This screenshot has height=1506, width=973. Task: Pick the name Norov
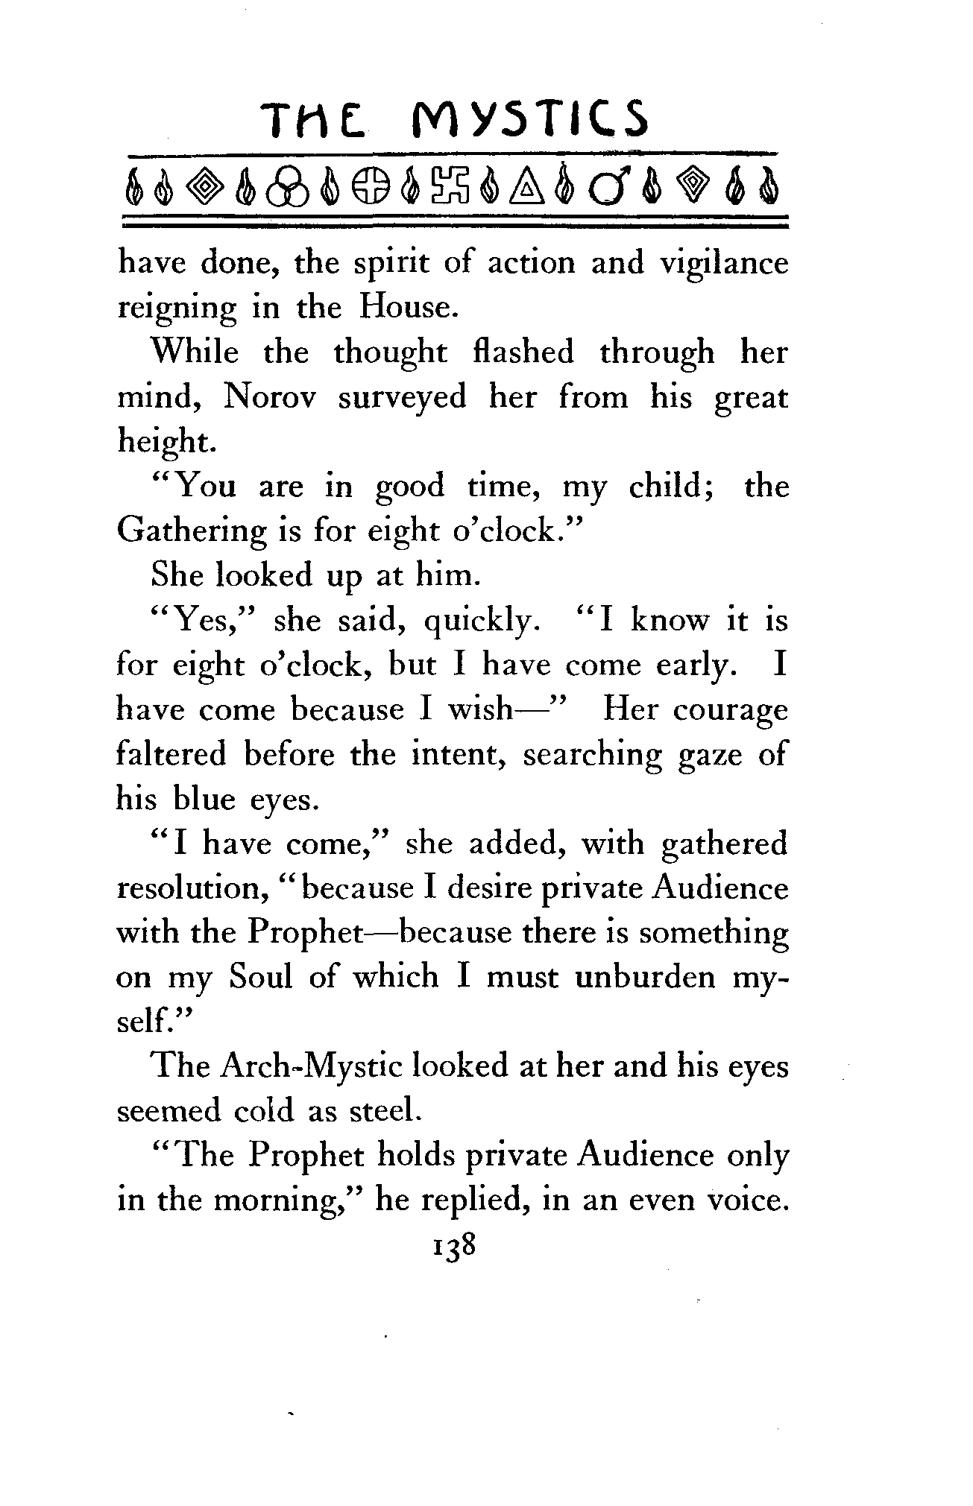point(268,396)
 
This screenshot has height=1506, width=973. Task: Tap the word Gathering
point(191,531)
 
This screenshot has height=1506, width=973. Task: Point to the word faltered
point(171,754)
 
